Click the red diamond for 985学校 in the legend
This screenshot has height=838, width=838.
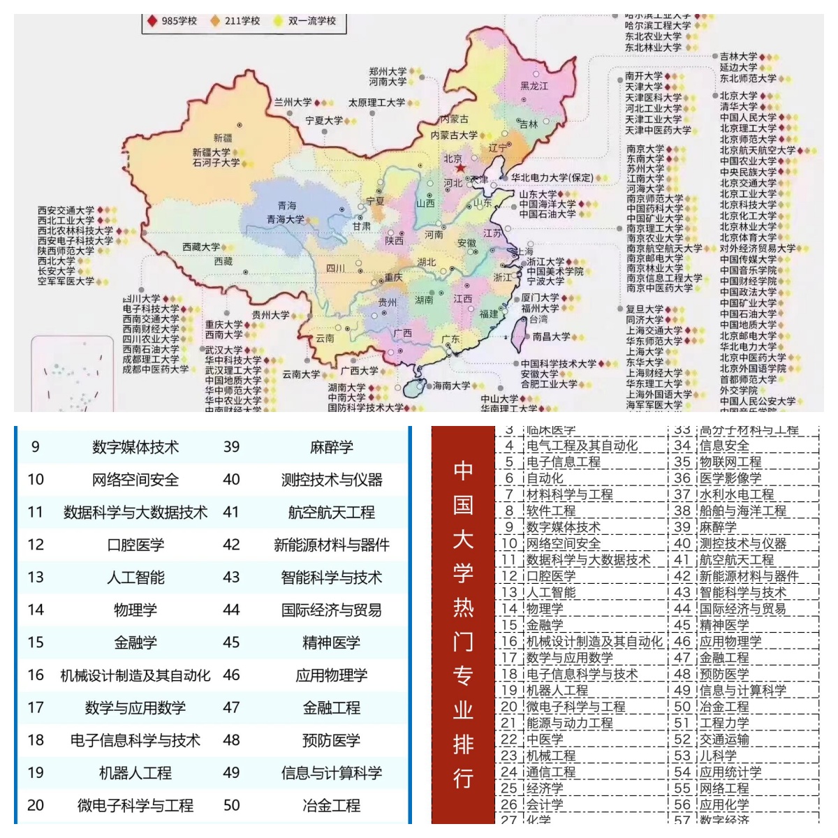point(152,21)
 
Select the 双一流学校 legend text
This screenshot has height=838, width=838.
point(312,21)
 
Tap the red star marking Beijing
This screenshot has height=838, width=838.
point(460,169)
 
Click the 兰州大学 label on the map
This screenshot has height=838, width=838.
point(293,103)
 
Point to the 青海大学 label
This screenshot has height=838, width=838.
point(285,219)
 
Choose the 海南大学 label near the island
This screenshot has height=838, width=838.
point(451,385)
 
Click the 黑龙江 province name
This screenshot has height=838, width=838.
point(534,86)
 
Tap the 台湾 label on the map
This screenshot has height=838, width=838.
point(538,320)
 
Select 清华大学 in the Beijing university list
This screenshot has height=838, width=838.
point(739,107)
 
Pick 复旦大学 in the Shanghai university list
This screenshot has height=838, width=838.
point(645,309)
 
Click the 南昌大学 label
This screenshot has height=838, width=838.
point(551,337)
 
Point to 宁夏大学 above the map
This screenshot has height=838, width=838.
point(324,121)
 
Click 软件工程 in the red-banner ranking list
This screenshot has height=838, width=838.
point(551,511)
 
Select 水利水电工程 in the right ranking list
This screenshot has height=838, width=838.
point(737,494)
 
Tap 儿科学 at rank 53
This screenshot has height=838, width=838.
point(718,756)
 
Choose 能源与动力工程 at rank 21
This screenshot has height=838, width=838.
point(569,723)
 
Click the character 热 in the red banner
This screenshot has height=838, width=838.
point(463,607)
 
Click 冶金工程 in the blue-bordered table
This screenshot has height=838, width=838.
point(331,805)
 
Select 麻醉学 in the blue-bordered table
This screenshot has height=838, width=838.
point(331,447)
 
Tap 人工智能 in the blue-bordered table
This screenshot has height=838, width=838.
point(135,578)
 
